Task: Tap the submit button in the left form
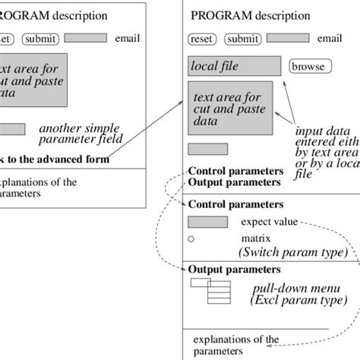[x=39, y=39]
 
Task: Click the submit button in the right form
[x=242, y=39]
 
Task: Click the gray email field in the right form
[x=287, y=38]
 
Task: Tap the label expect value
[x=269, y=223]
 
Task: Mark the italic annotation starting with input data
[x=327, y=152]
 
